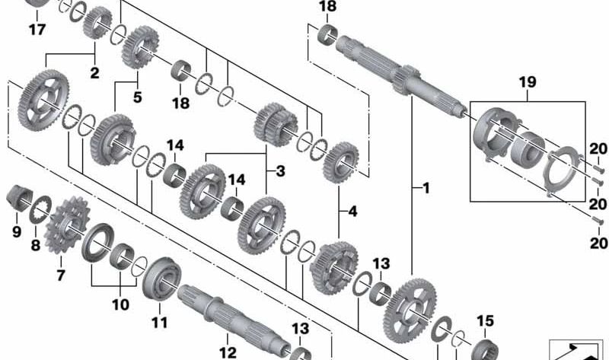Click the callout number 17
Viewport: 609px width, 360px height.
[36, 30]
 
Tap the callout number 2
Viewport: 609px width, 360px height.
[94, 74]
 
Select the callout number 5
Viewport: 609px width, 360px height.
[137, 97]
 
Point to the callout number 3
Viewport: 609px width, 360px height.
[280, 171]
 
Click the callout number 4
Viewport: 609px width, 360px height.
[352, 211]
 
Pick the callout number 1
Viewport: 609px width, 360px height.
[426, 187]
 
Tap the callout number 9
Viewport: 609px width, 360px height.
[16, 228]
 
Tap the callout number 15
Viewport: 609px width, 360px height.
[485, 320]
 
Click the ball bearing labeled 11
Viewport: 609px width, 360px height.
[162, 276]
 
